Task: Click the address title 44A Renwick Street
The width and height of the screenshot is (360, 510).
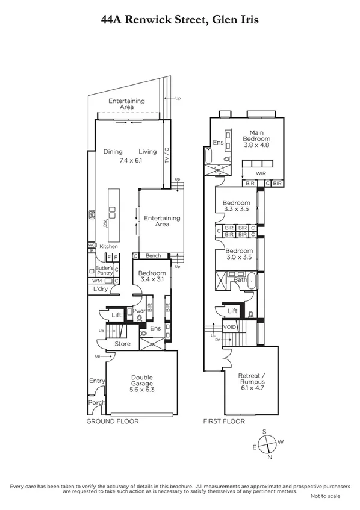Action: pos(180,20)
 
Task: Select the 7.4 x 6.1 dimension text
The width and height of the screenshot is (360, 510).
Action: pos(130,161)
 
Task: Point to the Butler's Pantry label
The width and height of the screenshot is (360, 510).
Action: pos(105,270)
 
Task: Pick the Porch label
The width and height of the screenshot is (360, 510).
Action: pos(96,403)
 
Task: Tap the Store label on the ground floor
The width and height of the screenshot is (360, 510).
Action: pos(123,344)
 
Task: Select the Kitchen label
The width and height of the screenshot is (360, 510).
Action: pos(108,247)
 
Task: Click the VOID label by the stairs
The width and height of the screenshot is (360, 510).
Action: pos(230,327)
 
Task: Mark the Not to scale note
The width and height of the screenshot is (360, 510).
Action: pos(326,496)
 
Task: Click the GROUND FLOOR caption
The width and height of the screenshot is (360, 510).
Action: pos(112,421)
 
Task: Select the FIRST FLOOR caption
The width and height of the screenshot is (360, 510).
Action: pos(224,421)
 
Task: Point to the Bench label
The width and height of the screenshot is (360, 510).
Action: pos(154,256)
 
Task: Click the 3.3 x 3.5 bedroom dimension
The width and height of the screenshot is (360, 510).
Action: pos(237,210)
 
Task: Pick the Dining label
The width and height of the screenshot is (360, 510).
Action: pos(113,152)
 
